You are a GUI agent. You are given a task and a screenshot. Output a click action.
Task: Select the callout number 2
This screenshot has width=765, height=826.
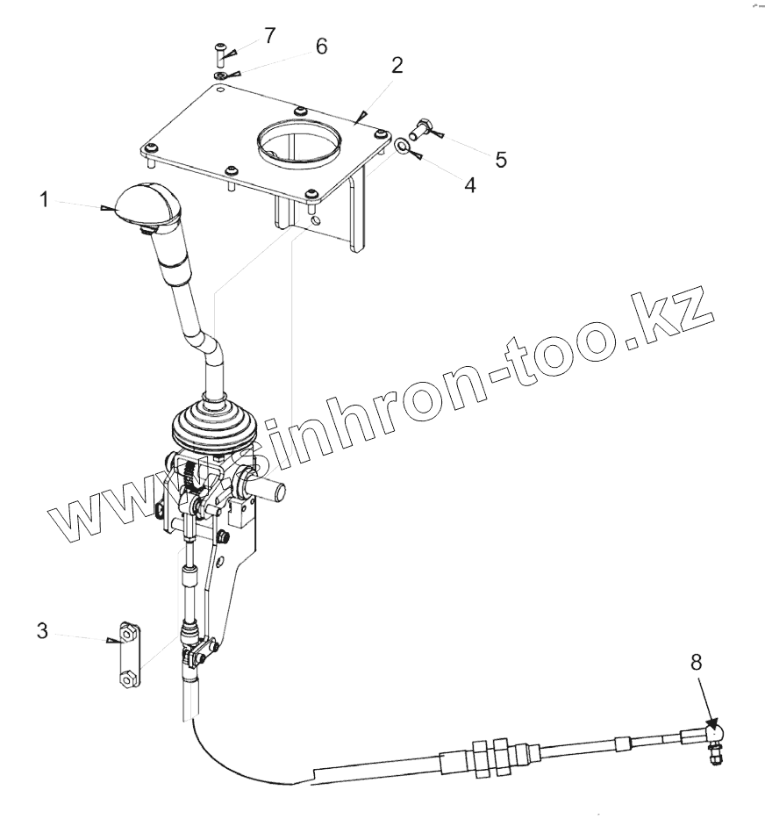tap(397, 65)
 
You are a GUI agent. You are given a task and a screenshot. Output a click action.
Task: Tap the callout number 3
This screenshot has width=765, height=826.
tap(41, 630)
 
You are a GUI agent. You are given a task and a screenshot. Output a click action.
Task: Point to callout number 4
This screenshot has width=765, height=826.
tap(470, 185)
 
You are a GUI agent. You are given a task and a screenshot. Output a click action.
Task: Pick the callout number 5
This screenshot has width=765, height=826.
tap(501, 159)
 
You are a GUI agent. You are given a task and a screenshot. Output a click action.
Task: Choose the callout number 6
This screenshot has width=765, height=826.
tap(321, 47)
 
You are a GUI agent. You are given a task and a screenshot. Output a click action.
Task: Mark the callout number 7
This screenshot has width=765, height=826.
tap(269, 36)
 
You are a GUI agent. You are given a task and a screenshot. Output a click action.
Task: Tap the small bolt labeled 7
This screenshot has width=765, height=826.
tap(219, 55)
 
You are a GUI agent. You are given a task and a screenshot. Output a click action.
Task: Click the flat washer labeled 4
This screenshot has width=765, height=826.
tap(400, 144)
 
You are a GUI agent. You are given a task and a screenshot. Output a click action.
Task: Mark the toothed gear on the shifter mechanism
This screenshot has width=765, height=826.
tap(192, 478)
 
